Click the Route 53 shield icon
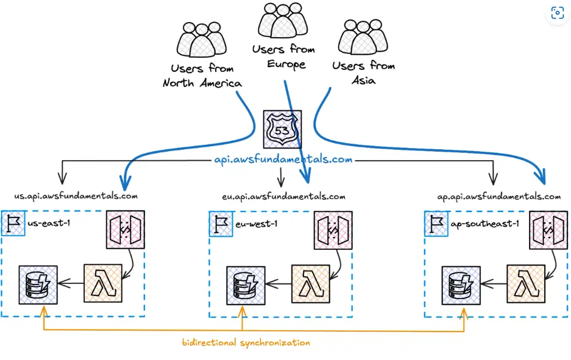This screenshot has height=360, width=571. click(280, 128)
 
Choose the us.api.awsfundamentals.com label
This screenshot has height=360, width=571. click(76, 196)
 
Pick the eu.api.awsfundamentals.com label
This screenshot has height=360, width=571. click(284, 197)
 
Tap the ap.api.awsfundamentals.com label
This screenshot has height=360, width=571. click(499, 197)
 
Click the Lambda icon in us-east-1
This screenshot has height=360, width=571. click(103, 283)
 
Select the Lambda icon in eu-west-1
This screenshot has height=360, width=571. click(311, 283)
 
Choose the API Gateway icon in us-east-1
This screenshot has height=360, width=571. click(125, 230)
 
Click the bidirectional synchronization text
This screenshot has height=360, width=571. click(246, 343)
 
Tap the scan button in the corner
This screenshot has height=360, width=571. click(557, 13)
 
